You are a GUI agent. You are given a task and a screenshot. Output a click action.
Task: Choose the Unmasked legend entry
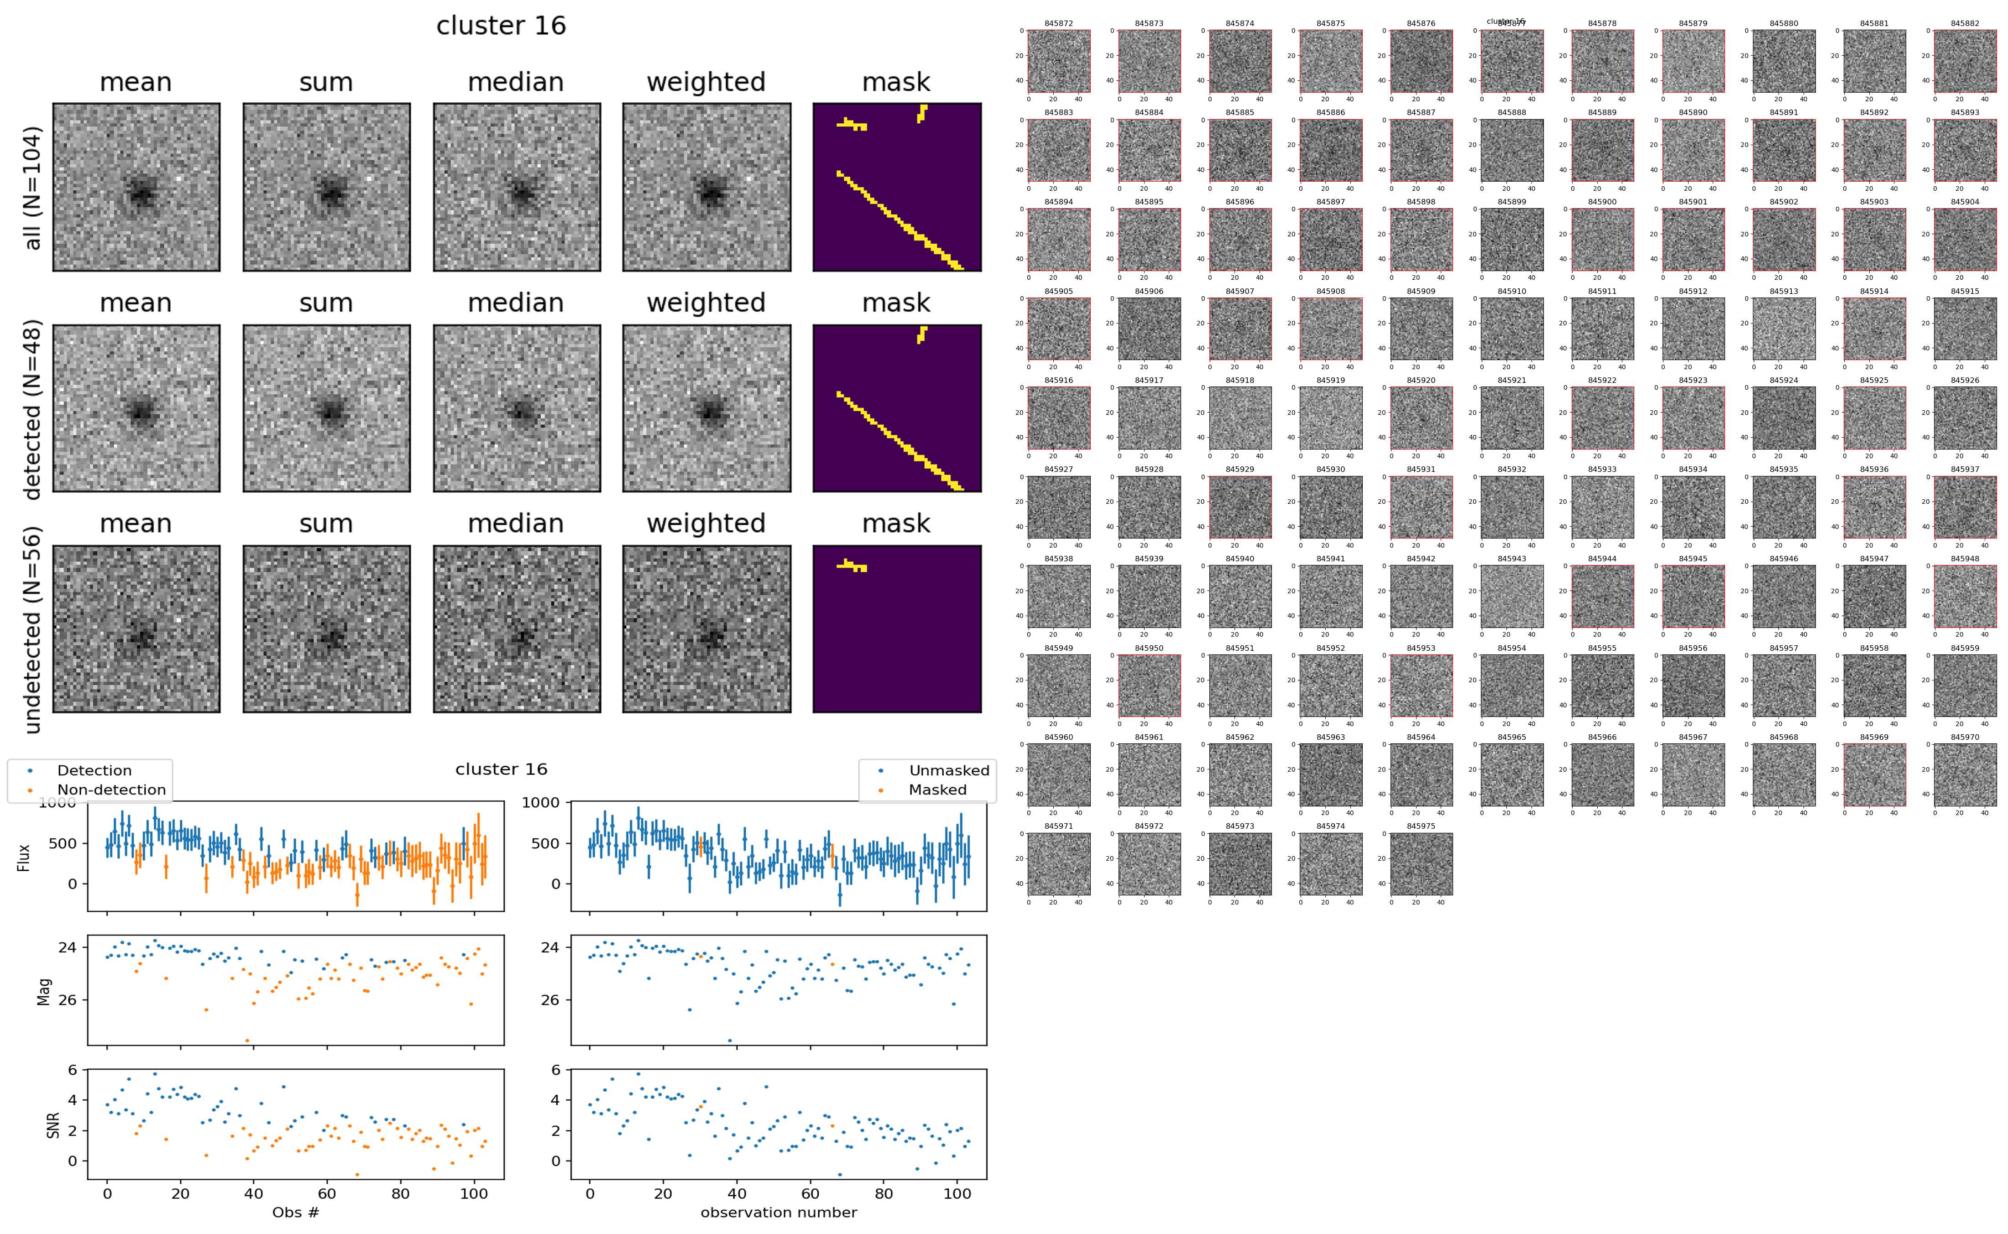pyautogui.click(x=948, y=770)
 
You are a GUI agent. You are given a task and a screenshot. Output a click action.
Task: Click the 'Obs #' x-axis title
pyautogui.click(x=295, y=1212)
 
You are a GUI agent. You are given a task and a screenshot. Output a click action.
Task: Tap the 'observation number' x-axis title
pyautogui.click(x=779, y=1212)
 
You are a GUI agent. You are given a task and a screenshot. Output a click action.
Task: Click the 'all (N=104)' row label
pyautogui.click(x=33, y=188)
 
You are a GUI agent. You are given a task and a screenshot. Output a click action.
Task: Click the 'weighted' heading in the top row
pyautogui.click(x=706, y=83)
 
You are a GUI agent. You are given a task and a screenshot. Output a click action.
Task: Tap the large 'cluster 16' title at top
pyautogui.click(x=501, y=26)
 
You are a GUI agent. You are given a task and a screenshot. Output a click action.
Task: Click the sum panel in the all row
pyautogui.click(x=326, y=187)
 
